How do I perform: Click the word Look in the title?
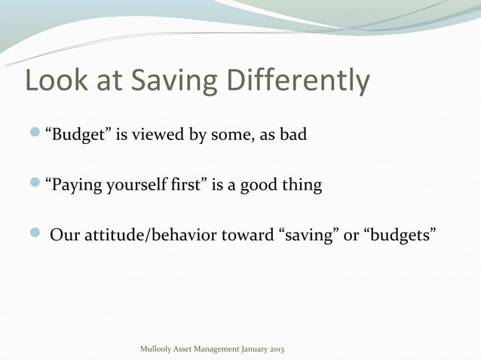(x=57, y=82)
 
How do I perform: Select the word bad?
(x=293, y=136)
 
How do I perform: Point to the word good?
(x=259, y=185)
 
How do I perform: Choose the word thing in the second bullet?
(x=303, y=185)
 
